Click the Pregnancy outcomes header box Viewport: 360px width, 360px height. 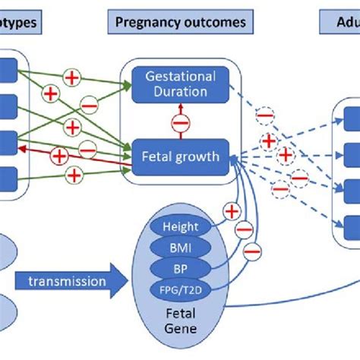[181, 23]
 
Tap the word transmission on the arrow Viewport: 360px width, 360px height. [68, 281]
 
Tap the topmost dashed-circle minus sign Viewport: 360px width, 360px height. [264, 115]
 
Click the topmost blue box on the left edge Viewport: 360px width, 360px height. [7, 69]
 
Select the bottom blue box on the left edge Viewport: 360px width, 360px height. [7, 177]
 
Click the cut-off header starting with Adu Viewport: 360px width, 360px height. [339, 23]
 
